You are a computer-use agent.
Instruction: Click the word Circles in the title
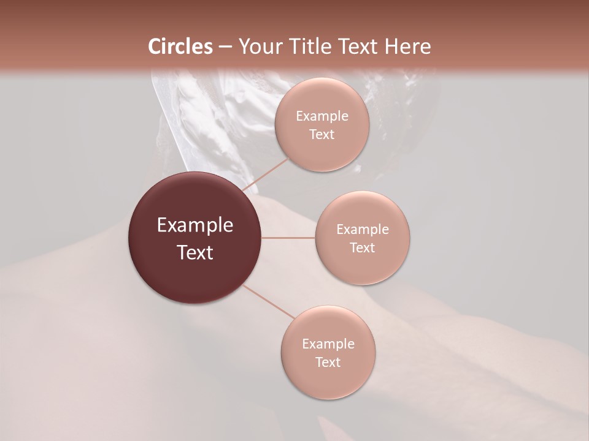[180, 47]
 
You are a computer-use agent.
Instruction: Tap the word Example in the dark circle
[195, 225]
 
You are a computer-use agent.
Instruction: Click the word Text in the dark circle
[195, 252]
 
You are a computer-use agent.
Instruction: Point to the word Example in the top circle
[322, 116]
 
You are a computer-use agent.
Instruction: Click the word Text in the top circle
[322, 134]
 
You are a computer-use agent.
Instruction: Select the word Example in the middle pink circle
[363, 230]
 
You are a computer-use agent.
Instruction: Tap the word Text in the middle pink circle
[363, 247]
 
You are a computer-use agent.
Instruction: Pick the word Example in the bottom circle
[328, 344]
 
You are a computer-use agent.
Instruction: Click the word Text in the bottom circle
[328, 362]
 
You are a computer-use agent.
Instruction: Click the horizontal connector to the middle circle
[288, 238]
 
